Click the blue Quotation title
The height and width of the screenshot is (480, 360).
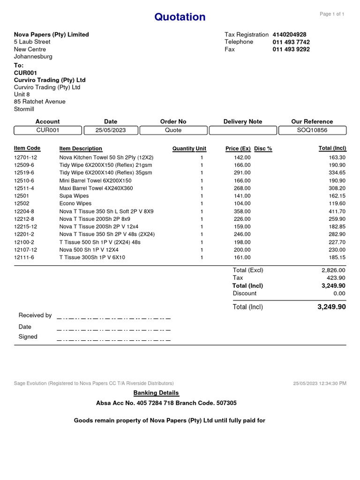coord(180,17)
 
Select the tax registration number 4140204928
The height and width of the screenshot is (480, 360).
coord(289,35)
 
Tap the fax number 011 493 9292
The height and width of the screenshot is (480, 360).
coord(291,49)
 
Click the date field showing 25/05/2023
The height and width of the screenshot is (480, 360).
coord(111,130)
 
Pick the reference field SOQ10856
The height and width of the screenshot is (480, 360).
coord(312,130)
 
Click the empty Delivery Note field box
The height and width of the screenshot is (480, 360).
coord(242,130)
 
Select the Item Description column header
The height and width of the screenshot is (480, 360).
coord(81,149)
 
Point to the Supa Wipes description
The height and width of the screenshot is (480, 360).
coord(74,196)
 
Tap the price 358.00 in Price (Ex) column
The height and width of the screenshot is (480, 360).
coord(242,211)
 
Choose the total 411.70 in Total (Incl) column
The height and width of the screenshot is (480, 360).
coord(337,211)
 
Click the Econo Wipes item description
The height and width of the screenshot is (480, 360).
coord(75,203)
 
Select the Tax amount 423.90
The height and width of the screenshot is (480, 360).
coord(337,278)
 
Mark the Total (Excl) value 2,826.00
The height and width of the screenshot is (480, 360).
coord(333,270)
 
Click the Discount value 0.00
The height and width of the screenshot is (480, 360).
coord(339,293)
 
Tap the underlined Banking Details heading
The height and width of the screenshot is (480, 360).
coord(156,393)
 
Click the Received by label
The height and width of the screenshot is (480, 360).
coord(35,315)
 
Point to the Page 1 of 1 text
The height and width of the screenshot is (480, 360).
coord(332,14)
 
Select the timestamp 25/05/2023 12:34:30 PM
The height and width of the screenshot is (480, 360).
coord(320,383)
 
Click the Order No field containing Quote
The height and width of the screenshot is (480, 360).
coord(173,130)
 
